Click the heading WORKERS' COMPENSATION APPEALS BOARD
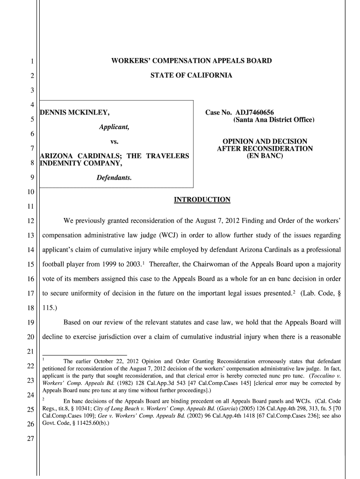tap(191, 61)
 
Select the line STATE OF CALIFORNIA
tap(191, 75)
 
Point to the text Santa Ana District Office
tap(274, 120)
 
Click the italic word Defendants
tap(114, 178)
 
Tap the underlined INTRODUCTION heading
tap(202, 200)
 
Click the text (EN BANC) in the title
tap(265, 156)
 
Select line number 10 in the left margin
tap(29, 193)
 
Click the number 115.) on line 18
tap(52, 308)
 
